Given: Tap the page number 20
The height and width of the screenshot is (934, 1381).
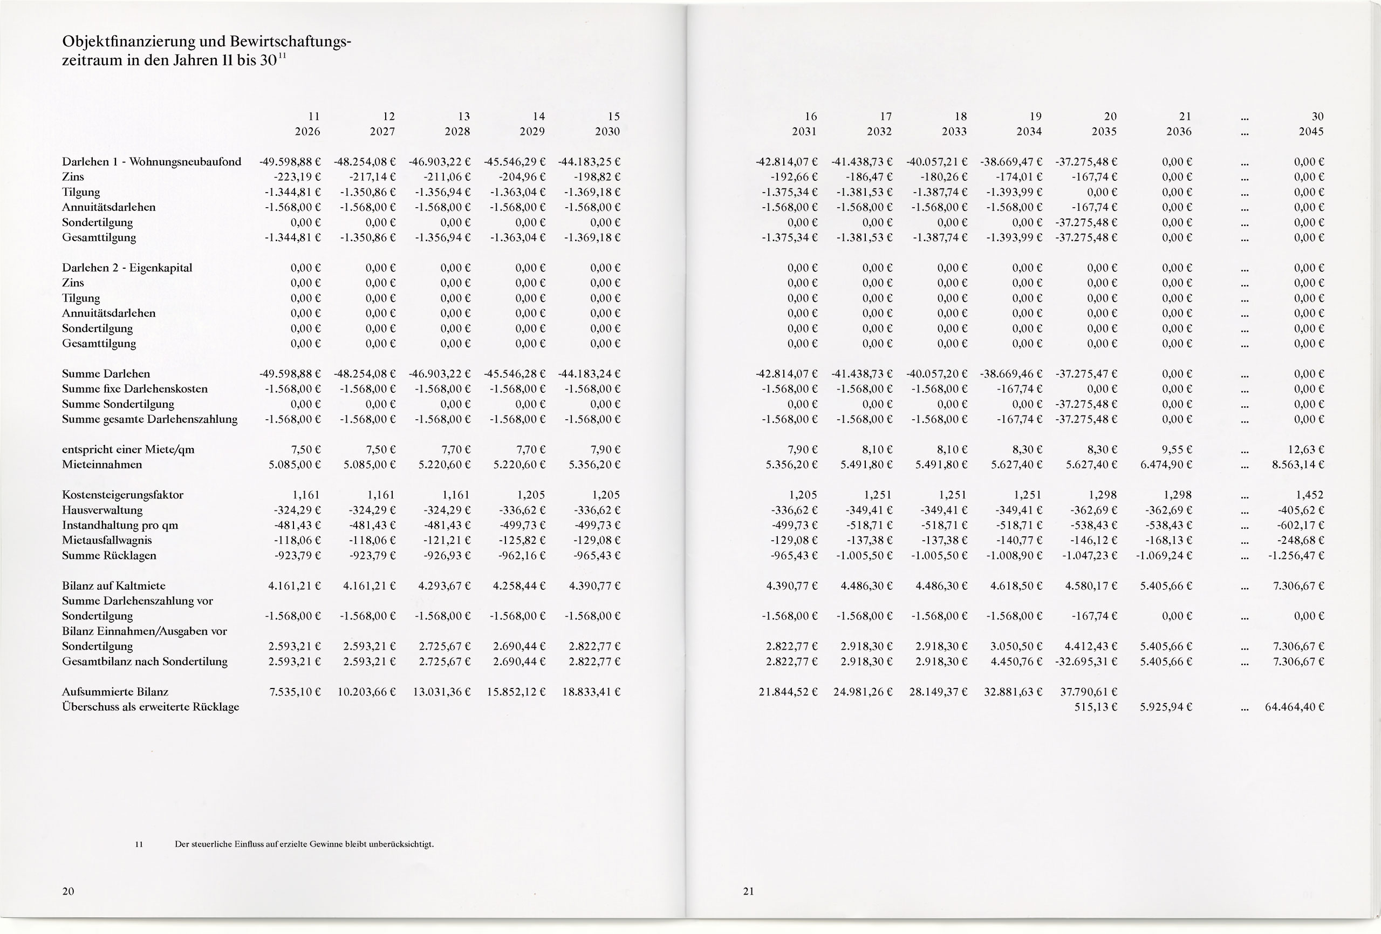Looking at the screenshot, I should point(69,891).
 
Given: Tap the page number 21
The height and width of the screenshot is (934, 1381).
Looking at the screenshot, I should point(748,891).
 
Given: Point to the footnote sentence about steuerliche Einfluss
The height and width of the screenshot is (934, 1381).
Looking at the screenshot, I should point(304,844).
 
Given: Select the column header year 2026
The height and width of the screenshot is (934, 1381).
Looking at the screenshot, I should point(307,132).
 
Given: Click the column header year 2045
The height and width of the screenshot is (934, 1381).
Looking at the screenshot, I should point(1311,132).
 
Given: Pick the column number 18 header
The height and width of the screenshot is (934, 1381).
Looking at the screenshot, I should point(961,117).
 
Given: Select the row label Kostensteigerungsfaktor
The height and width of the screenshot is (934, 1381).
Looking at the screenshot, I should point(122,495).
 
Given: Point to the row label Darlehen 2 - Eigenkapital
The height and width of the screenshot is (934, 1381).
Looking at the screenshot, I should point(127,268).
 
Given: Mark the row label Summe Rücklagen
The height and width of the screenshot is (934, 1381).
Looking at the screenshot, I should point(110,555).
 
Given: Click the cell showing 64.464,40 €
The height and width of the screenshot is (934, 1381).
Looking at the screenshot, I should point(1295,707).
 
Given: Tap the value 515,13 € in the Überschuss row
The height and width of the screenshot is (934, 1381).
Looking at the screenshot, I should point(1096,707).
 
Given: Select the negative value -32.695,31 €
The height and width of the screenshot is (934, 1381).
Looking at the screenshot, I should point(1087,661).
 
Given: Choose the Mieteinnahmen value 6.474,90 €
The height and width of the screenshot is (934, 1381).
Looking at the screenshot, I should point(1166,465).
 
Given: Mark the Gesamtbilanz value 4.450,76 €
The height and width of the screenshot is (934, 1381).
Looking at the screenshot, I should point(1016,661).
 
